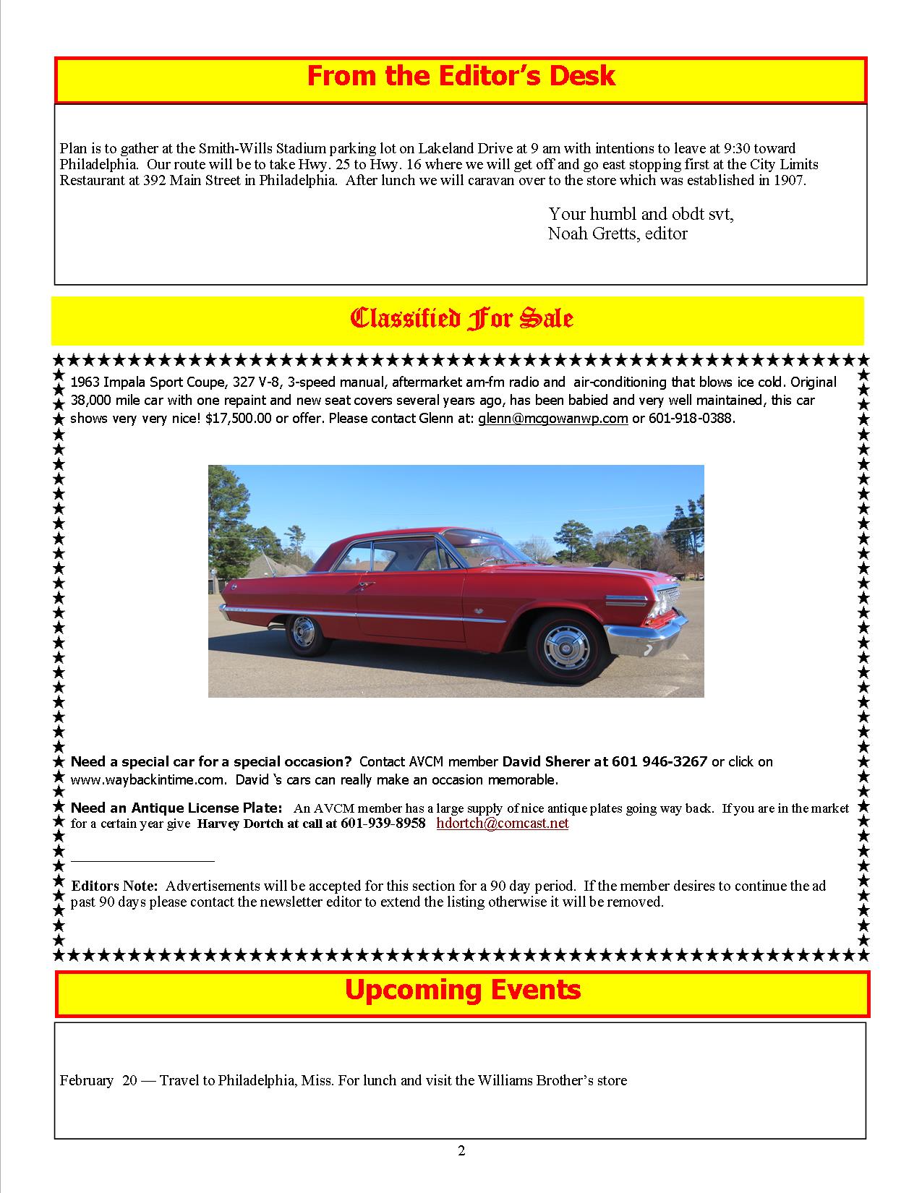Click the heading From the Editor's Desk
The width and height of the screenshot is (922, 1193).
coord(461,77)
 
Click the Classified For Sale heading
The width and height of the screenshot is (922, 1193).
coord(461,319)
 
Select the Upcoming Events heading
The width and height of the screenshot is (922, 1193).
coord(462,990)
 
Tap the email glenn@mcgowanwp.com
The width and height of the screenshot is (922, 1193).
coord(552,419)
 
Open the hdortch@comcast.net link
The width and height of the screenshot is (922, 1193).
coord(503,824)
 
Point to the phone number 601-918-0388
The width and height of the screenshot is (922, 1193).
coord(691,419)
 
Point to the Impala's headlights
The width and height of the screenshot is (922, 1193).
coord(662,604)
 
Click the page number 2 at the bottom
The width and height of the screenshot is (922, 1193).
coord(461,1151)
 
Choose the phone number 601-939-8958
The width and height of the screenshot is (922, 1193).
coord(383,824)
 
